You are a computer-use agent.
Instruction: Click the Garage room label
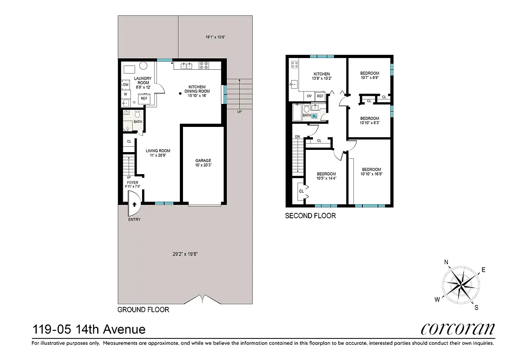(203, 161)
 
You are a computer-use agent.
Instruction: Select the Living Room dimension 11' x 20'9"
(158, 156)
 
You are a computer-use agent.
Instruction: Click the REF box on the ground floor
(144, 98)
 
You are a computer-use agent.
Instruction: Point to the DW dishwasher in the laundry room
(126, 85)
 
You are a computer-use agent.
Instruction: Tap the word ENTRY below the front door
(134, 220)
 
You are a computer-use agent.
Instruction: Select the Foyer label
(132, 182)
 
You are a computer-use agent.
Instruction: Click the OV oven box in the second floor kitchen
(309, 96)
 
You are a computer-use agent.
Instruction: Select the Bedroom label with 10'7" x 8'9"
(370, 73)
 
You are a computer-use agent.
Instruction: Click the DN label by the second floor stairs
(297, 137)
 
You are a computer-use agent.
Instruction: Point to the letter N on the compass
(446, 262)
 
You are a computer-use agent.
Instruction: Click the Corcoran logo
(458, 329)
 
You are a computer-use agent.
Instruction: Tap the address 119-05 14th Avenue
(89, 330)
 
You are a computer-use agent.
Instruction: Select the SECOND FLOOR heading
(310, 216)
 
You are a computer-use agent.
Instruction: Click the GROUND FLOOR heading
(143, 310)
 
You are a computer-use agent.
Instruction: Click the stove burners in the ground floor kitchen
(204, 65)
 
